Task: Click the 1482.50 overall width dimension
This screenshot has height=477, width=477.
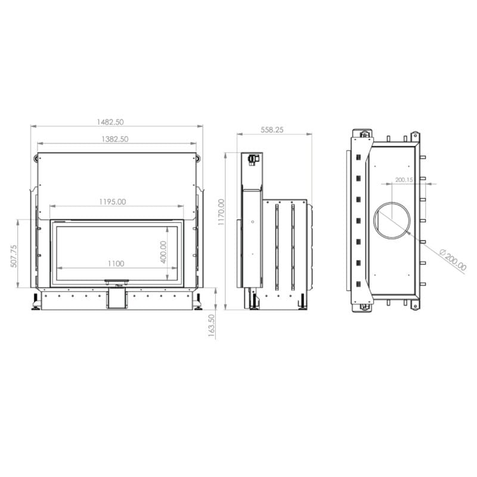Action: tap(110, 122)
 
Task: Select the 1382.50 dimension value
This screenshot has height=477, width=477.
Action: tap(115, 140)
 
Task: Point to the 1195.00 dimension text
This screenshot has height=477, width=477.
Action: tap(113, 202)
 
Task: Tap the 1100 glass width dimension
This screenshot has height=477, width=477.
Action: tap(116, 264)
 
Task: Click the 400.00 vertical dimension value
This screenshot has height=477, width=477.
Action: tap(163, 252)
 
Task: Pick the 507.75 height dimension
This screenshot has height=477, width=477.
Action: tap(14, 256)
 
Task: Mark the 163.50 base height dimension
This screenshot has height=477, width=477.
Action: tap(212, 326)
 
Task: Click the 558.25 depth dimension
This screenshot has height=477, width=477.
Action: tap(272, 130)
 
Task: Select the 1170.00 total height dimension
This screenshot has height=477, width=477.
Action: tap(221, 212)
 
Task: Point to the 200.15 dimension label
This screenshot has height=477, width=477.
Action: tap(404, 180)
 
